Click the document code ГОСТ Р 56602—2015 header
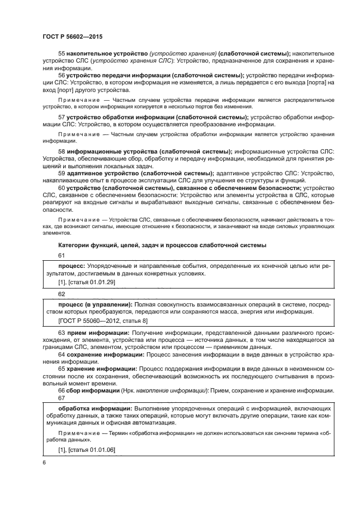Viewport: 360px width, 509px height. [x=72, y=35]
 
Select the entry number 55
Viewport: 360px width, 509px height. [x=61, y=54]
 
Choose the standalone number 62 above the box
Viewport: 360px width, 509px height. [x=61, y=293]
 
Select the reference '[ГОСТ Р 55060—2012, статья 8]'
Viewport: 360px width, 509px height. [x=103, y=321]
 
